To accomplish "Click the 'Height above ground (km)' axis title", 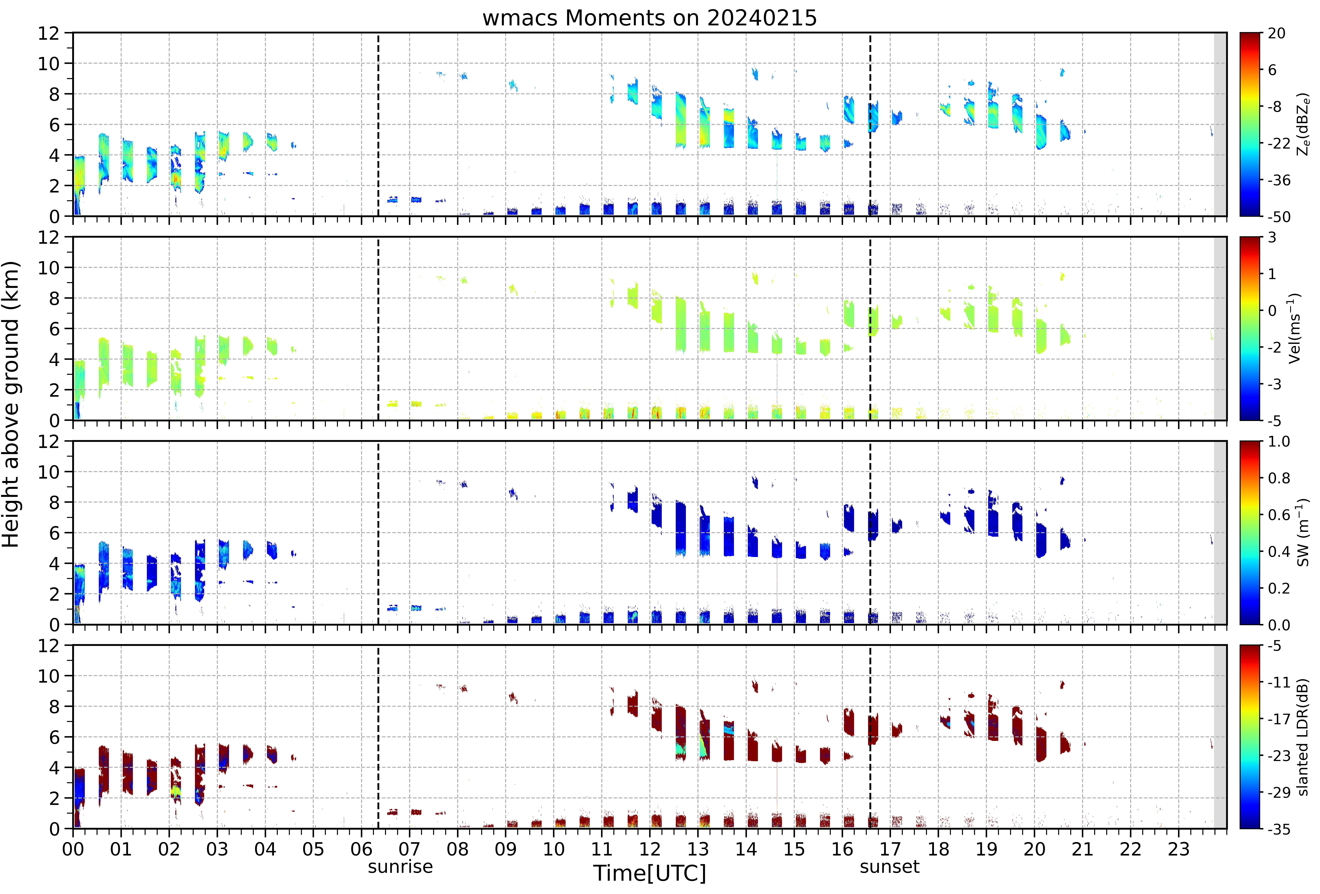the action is click(11, 404).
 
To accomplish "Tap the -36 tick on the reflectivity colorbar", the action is click(1280, 180).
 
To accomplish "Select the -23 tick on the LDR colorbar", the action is click(1280, 755).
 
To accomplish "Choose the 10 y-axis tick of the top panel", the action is click(49, 64).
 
